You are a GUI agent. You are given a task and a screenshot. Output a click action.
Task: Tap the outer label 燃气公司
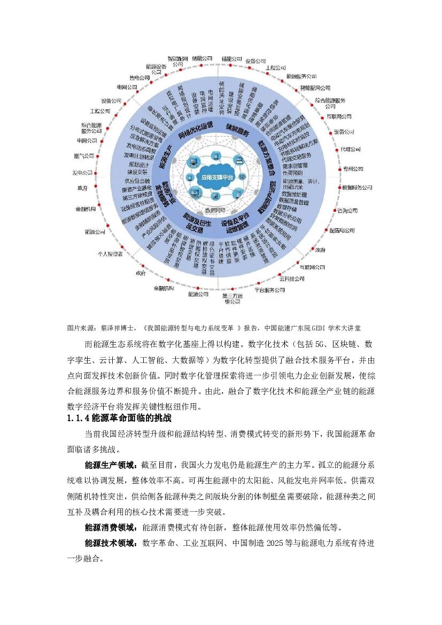pyautogui.click(x=84, y=156)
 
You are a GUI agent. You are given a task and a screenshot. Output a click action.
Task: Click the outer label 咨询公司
pyautogui.click(x=347, y=211)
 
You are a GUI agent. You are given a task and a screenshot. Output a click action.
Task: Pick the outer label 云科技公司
pyautogui.click(x=292, y=279)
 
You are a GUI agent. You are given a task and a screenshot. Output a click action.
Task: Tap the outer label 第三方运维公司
pyautogui.click(x=232, y=298)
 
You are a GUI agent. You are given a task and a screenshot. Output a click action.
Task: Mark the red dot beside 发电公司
pyautogui.click(x=97, y=173)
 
